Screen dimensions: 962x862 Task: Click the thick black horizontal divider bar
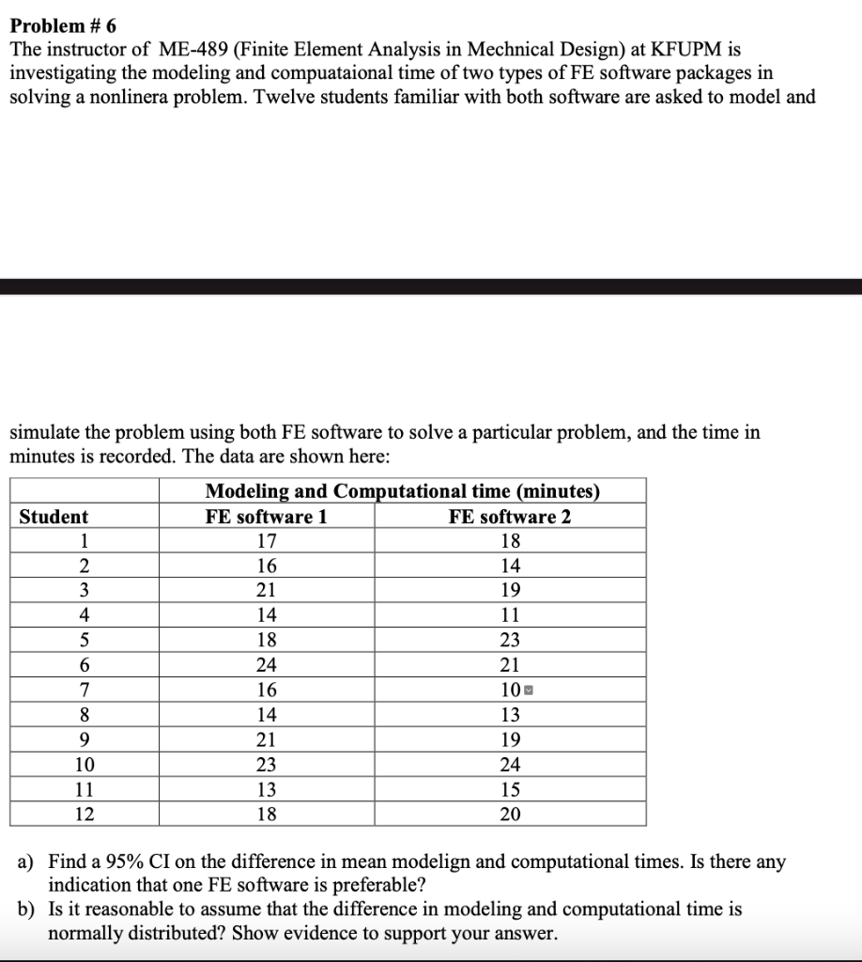pos(431,286)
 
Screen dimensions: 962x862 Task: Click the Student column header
pos(54,516)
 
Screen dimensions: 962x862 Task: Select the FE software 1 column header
pos(267,516)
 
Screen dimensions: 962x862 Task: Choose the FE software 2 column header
pos(510,516)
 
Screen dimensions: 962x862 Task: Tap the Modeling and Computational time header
pos(402,490)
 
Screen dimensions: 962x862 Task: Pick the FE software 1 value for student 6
pos(267,665)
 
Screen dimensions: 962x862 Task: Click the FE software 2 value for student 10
pos(510,764)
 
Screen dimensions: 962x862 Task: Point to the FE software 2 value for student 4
pos(510,615)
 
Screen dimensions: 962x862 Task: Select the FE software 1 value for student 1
pos(267,541)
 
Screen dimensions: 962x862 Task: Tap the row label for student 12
pos(84,814)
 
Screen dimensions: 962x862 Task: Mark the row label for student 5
pos(84,641)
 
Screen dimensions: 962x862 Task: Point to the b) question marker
pos(26,909)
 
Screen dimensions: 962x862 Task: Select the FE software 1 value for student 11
pos(267,789)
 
